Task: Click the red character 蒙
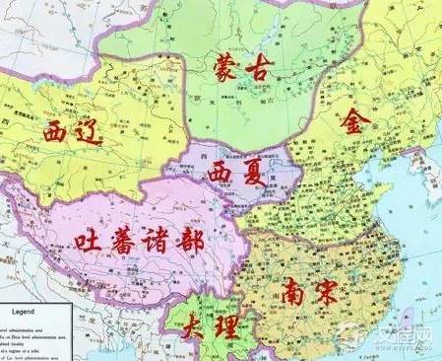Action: [x=225, y=68]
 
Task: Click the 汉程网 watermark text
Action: [x=406, y=335]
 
